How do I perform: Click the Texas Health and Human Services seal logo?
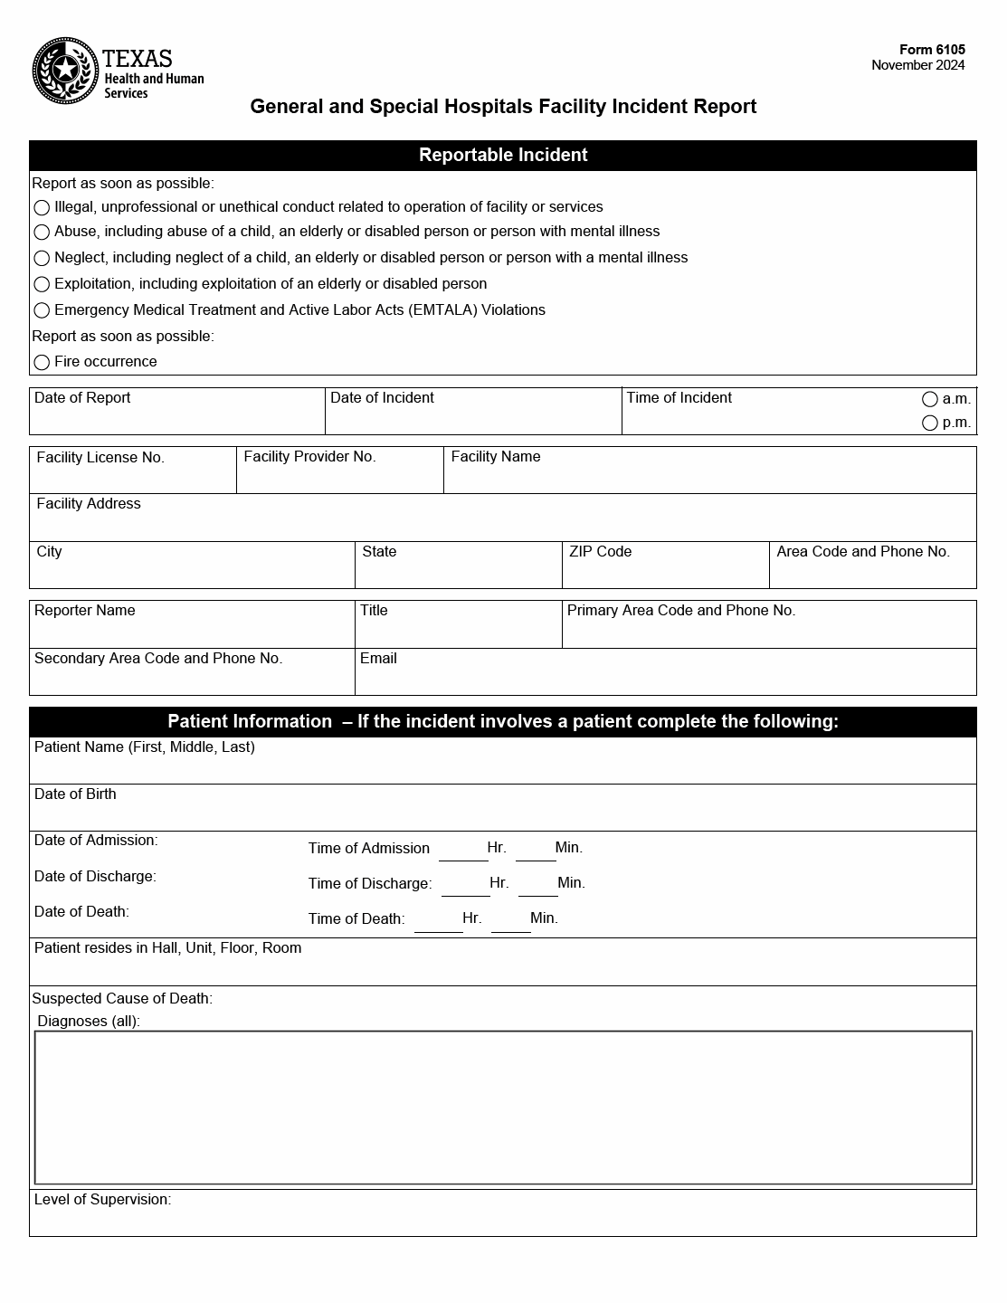pos(65,71)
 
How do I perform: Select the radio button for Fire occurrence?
pos(42,363)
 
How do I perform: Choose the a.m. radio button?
pos(930,399)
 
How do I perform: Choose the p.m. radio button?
pos(930,423)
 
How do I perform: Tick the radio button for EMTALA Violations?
pos(42,310)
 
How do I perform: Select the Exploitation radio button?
pos(42,285)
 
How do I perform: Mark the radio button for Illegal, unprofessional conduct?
pos(42,208)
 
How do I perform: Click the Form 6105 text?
pos(932,50)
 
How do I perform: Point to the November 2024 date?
pos(917,65)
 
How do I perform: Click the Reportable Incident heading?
pos(503,155)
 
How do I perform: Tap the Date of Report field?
pos(176,419)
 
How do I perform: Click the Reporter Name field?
pos(192,632)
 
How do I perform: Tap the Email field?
pos(665,680)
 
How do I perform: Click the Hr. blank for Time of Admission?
pos(462,851)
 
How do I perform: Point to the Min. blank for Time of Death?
pos(510,921)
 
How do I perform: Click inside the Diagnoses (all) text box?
pos(503,1107)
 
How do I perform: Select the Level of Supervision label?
pos(102,1200)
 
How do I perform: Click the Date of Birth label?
pos(75,794)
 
